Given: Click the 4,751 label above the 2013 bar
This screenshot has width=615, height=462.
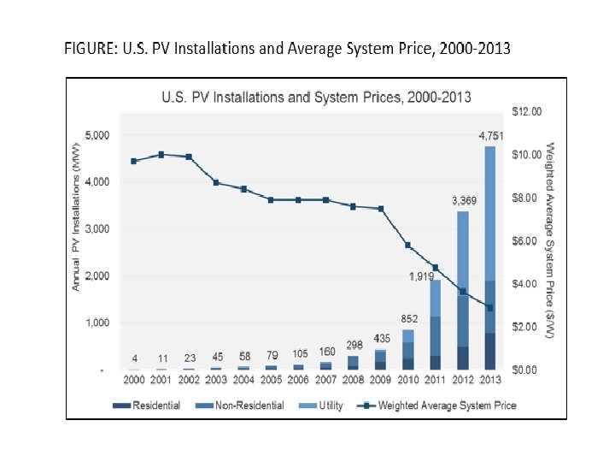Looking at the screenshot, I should click(x=490, y=136).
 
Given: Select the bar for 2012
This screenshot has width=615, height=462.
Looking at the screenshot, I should click(x=463, y=291).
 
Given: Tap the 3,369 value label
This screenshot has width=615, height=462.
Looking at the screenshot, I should click(x=464, y=200).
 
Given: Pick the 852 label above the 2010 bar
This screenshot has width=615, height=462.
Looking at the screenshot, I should click(x=409, y=318).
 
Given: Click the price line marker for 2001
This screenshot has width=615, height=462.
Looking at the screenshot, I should click(x=161, y=155).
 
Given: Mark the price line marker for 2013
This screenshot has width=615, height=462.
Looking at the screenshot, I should click(x=490, y=307).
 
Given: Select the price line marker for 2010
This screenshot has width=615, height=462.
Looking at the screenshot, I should click(x=408, y=245).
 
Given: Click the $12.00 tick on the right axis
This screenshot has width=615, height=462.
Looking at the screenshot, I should click(x=527, y=111).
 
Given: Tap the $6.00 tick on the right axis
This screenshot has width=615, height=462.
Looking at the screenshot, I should click(x=524, y=240).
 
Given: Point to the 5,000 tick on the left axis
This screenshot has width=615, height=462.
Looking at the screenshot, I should click(x=97, y=136).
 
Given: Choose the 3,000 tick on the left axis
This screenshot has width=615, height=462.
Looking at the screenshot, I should click(x=97, y=229).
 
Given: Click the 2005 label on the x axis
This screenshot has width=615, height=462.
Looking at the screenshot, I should click(x=271, y=379).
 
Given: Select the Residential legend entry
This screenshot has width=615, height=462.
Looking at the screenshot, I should click(x=149, y=405).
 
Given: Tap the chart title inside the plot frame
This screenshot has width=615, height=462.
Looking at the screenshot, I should click(x=316, y=97).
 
